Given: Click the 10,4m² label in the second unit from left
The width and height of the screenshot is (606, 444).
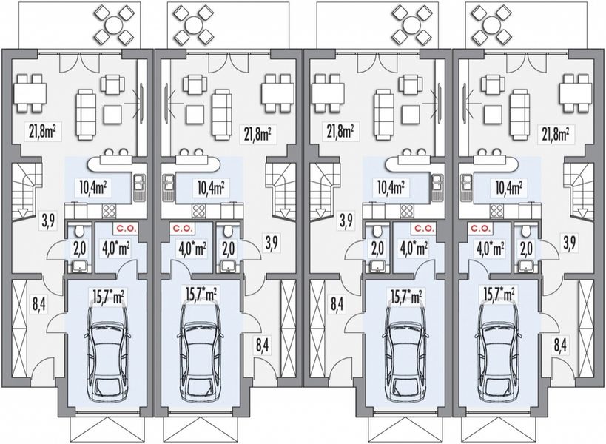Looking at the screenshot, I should [210, 186].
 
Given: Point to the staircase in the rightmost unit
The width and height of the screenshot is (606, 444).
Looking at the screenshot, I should [579, 191].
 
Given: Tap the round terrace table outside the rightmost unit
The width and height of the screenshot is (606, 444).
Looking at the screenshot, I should [490, 24].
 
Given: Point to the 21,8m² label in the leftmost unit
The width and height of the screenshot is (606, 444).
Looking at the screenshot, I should [44, 133].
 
